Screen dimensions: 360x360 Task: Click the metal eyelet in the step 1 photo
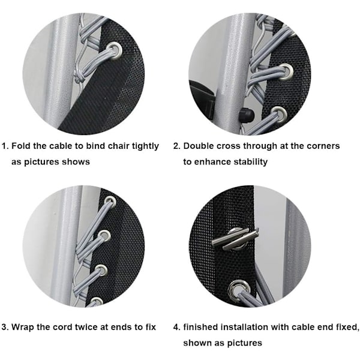click(114, 50)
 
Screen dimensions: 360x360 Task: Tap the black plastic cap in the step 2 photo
click(246, 115)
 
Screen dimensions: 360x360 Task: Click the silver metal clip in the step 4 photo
click(235, 239)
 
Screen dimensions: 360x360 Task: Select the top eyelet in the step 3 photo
click(110, 202)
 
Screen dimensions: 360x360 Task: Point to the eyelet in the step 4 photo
click(239, 290)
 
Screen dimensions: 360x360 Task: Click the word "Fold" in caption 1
click(20, 146)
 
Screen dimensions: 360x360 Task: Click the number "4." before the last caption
click(176, 327)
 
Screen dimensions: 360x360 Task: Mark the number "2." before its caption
click(176, 146)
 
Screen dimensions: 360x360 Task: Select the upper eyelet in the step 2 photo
click(286, 71)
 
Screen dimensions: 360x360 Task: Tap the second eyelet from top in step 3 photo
click(104, 236)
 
